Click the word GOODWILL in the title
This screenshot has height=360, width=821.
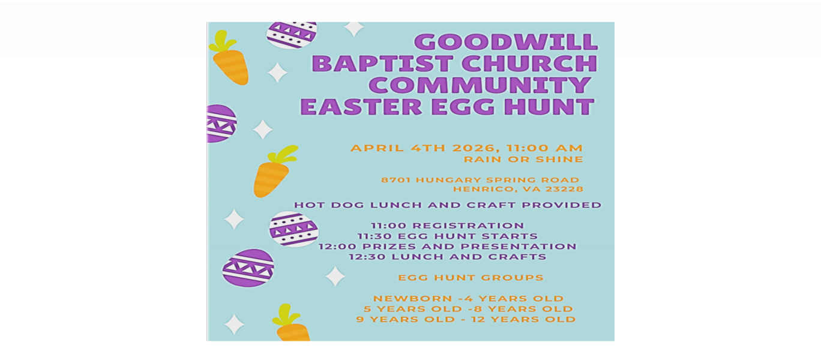[506, 42]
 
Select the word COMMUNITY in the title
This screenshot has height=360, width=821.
[477, 85]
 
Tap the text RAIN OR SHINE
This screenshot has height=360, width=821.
[523, 160]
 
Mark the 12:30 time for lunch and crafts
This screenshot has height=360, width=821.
[367, 256]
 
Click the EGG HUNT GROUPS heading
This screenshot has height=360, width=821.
[471, 277]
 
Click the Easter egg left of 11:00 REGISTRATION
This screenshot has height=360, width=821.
[293, 229]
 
